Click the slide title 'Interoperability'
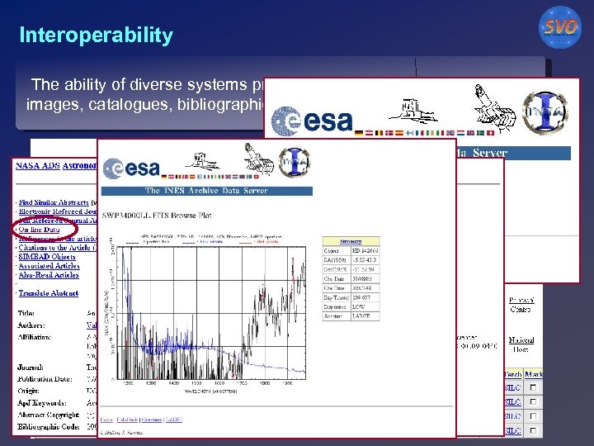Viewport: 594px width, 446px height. (97, 36)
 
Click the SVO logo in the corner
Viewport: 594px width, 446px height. (560, 27)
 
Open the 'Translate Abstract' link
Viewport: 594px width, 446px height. (50, 293)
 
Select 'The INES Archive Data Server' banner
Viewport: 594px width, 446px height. (206, 191)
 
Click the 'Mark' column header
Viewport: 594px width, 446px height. (534, 373)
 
